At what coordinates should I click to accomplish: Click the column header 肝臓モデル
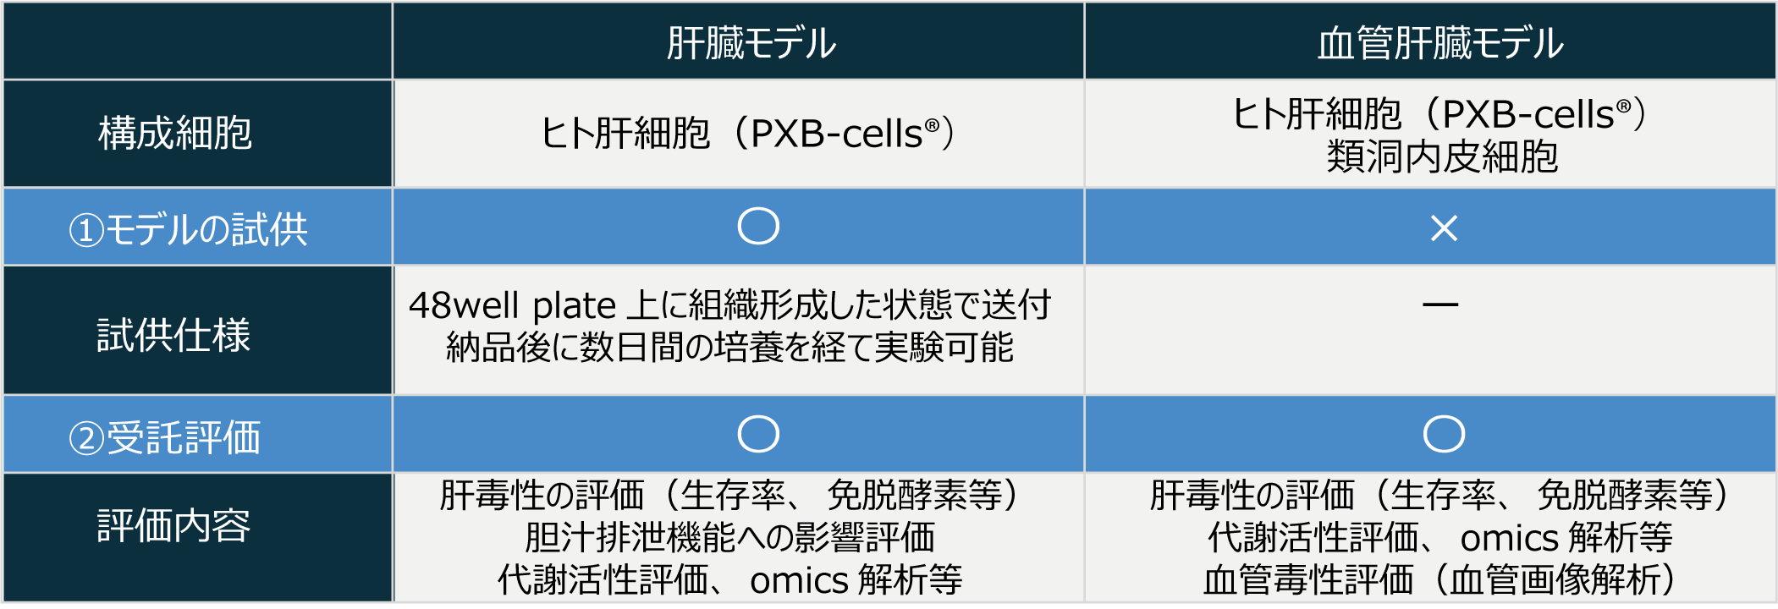tap(751, 43)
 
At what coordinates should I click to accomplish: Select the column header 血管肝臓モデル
tap(1440, 43)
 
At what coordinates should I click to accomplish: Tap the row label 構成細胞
tap(175, 133)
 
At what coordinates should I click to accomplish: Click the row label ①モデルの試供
tap(188, 229)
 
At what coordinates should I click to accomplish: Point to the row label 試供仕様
tap(173, 335)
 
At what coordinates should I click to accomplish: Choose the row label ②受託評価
tap(164, 437)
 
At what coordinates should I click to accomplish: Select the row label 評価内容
tap(173, 525)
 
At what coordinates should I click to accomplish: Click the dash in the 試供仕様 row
tap(1440, 304)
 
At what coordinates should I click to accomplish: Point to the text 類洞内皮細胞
tap(1442, 156)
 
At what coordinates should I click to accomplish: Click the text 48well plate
tap(513, 305)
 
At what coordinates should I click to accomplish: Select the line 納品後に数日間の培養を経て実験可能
tap(729, 347)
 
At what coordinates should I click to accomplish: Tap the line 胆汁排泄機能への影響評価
tap(729, 537)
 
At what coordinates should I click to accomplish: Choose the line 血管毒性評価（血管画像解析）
tap(1442, 579)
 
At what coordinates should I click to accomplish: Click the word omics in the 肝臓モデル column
tap(799, 581)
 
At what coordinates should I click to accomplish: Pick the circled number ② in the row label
tap(86, 438)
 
